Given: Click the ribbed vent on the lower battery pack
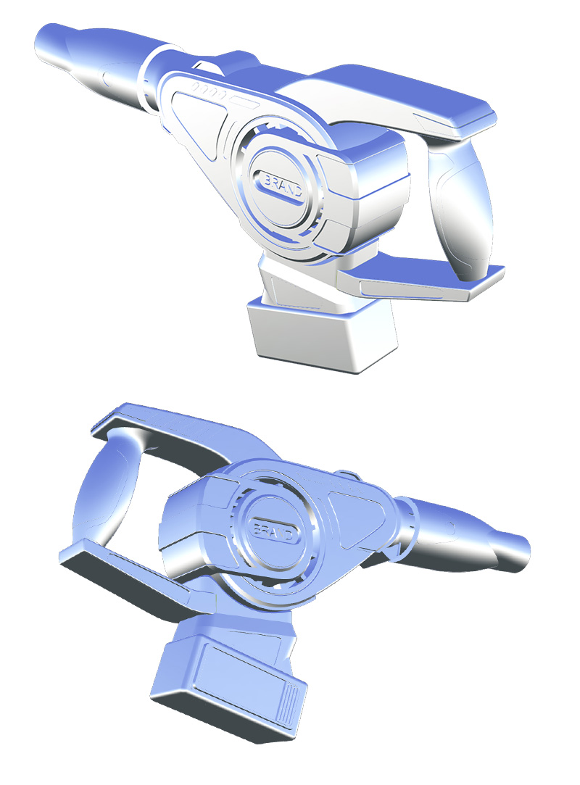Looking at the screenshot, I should pos(292,705).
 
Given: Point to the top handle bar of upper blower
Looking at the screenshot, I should pos(406,94).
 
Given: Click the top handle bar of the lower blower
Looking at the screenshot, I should pos(181,435).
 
